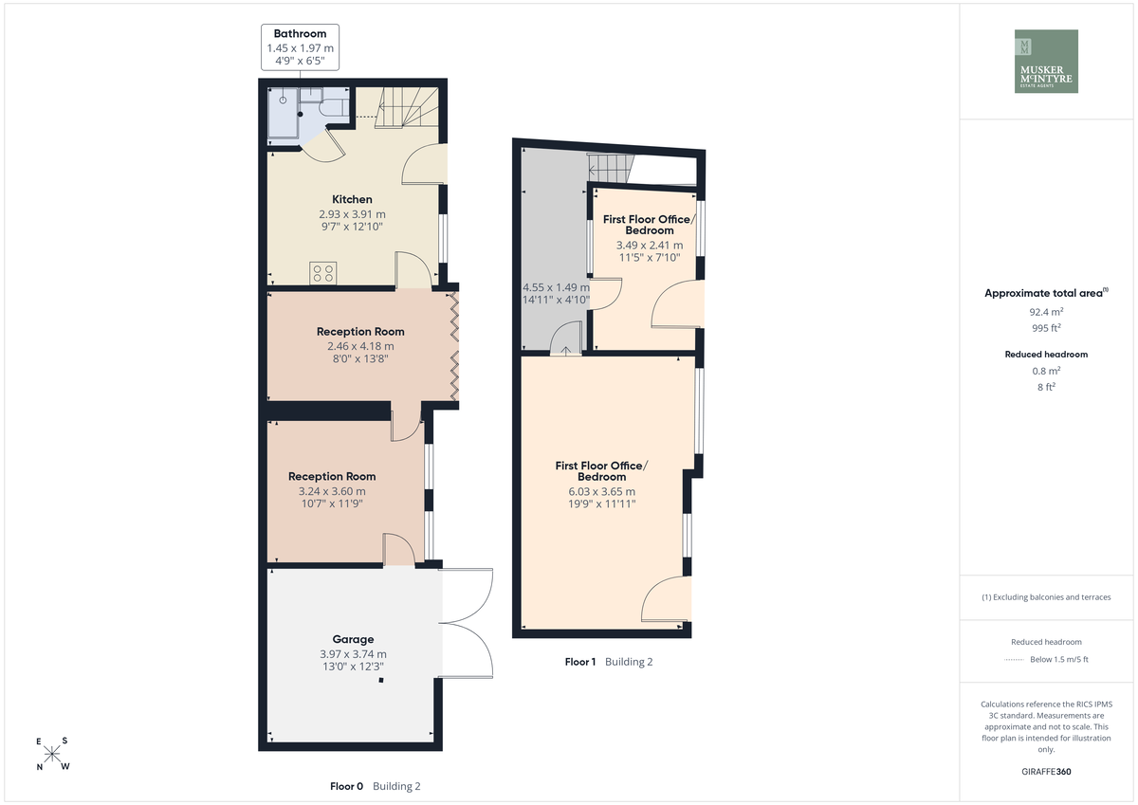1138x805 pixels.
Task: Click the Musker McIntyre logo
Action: tap(1046, 61)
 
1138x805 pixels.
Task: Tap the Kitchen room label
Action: tap(352, 200)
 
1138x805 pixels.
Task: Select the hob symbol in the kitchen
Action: tap(323, 273)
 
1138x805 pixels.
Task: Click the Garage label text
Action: tap(353, 639)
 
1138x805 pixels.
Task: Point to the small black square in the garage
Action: tap(381, 680)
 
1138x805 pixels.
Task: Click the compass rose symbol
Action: tap(52, 754)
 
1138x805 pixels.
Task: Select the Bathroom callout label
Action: tap(301, 46)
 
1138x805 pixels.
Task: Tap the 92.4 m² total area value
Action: tap(1046, 312)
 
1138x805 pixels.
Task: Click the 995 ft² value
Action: tap(1046, 328)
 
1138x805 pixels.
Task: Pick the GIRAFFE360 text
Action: tap(1046, 772)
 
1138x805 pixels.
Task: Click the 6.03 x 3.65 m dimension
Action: tap(601, 492)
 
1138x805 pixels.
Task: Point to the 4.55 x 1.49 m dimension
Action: tap(557, 287)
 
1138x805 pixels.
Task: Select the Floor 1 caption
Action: tap(580, 662)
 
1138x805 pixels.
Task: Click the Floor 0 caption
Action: tap(346, 786)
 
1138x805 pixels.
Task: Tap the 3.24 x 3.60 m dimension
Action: tap(332, 491)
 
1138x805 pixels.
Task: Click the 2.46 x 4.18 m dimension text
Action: tap(360, 346)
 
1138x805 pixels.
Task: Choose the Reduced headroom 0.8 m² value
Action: tap(1046, 371)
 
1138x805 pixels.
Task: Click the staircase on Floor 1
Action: tap(611, 168)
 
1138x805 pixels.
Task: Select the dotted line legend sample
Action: tap(1014, 660)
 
